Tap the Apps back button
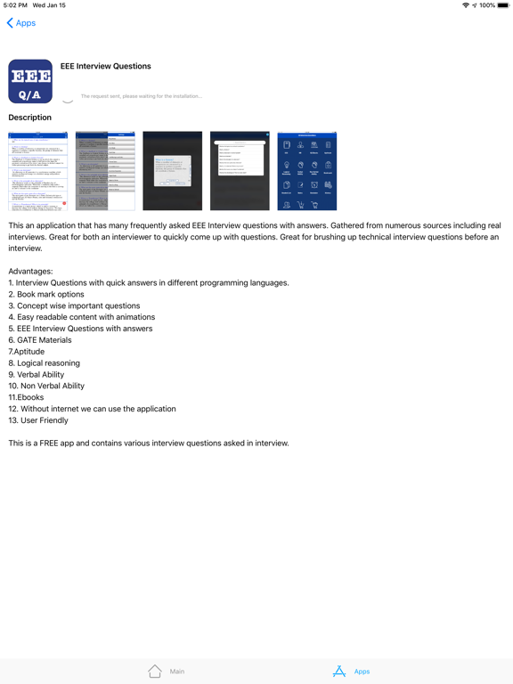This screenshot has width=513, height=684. pos(21,23)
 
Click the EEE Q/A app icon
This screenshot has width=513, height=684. pos(30,82)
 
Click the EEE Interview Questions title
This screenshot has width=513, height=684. pos(106,66)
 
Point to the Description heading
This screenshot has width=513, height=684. pos(30,118)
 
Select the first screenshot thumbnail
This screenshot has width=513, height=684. pos(37,171)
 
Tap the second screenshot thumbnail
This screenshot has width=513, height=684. pos(105,171)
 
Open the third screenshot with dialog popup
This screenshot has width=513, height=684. pos(173,171)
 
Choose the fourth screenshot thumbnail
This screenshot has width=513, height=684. pos(240,171)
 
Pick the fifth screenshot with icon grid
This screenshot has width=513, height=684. pos(307,171)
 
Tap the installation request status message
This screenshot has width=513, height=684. pos(142,96)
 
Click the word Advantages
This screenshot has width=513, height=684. pos(30,271)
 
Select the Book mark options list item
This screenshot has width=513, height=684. pos(46,294)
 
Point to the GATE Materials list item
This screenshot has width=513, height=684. pos(40,340)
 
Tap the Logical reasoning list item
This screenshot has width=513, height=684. pos(45,363)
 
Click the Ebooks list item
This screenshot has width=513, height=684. pos(26,397)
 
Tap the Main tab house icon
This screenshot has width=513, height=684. pos(155,672)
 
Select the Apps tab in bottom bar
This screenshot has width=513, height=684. pos(351,672)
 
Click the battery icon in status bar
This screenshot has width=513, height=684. pos(503,5)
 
